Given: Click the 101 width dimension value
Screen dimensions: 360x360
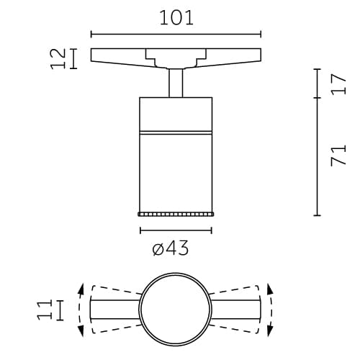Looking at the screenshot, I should (x=176, y=17).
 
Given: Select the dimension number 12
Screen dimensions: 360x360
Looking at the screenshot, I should (x=60, y=58).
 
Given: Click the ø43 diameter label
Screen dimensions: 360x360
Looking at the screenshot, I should (x=171, y=248).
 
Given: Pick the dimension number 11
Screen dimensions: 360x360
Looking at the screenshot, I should (x=45, y=310).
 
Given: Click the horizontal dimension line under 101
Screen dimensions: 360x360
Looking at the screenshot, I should (x=176, y=34).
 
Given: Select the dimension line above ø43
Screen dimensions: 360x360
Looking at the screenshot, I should (x=176, y=230).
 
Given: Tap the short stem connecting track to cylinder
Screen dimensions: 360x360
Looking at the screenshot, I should (x=176, y=82).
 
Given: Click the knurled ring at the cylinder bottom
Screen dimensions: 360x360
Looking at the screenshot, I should (x=176, y=214).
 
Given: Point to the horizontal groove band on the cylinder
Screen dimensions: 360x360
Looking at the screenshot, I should (x=176, y=132).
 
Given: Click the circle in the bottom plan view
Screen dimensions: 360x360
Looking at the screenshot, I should (x=176, y=310).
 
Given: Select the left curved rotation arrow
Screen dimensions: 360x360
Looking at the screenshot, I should (x=81, y=310).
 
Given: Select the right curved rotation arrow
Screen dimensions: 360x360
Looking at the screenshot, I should (x=271, y=310).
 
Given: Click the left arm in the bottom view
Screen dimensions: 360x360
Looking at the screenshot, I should (x=114, y=310).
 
